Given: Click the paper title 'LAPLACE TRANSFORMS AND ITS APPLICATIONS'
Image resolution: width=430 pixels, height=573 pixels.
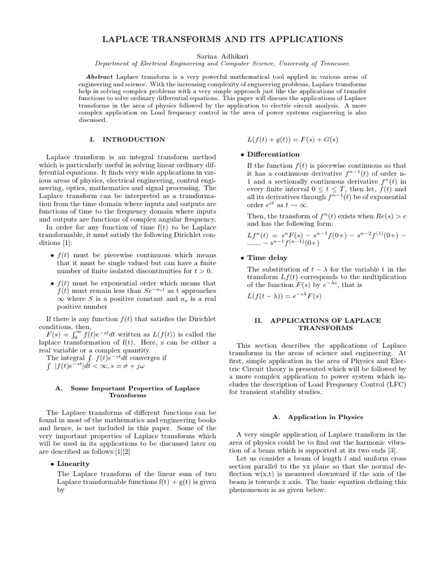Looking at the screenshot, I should [x=214, y=40].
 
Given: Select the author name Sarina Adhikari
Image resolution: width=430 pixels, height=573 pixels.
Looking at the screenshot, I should [x=214, y=55].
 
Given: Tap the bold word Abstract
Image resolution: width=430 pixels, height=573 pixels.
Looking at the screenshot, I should [x=99, y=76].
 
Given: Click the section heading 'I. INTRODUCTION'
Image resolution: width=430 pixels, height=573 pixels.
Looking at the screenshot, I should [x=127, y=139].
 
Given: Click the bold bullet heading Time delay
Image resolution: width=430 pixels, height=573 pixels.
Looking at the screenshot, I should [x=267, y=258].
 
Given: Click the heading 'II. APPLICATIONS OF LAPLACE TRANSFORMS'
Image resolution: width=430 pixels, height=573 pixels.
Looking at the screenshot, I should [x=317, y=324].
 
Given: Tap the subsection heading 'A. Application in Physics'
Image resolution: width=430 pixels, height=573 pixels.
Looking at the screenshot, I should [x=317, y=417].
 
